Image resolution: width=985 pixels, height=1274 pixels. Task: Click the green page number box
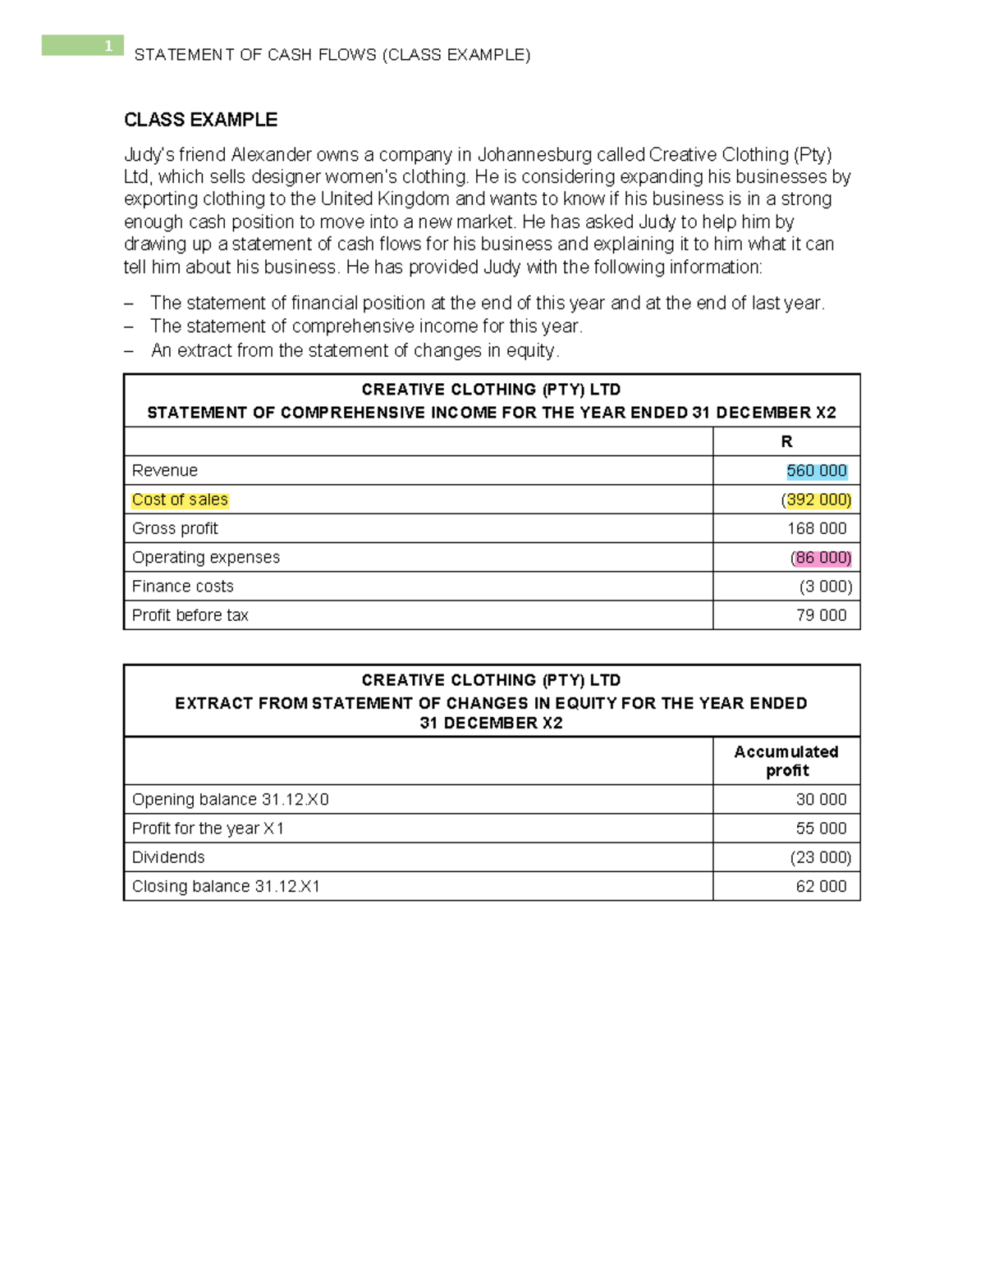(x=82, y=45)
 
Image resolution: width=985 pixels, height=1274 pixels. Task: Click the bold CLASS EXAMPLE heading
(x=200, y=120)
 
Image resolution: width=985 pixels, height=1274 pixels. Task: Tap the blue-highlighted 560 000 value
(x=817, y=471)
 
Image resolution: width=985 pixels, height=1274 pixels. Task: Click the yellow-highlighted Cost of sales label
(x=180, y=500)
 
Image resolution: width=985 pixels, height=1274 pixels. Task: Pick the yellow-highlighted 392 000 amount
(x=818, y=500)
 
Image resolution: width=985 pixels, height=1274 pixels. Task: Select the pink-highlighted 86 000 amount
(x=822, y=558)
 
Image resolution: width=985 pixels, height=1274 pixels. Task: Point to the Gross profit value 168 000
(x=817, y=528)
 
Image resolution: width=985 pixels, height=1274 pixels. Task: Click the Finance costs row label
(x=182, y=587)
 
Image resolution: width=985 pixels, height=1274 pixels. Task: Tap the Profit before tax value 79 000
(x=821, y=615)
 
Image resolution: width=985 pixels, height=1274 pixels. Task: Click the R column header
(x=786, y=442)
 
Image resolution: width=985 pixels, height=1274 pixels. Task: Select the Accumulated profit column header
(x=786, y=761)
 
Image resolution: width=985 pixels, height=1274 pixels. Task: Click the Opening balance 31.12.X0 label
(x=230, y=800)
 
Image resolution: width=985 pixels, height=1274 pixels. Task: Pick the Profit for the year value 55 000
(x=821, y=829)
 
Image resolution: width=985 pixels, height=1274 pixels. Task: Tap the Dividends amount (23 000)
(x=821, y=857)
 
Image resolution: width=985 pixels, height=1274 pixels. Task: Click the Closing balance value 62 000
(x=821, y=887)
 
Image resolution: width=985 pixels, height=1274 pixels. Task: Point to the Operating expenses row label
(x=205, y=558)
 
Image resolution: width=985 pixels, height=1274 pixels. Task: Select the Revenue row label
(x=164, y=471)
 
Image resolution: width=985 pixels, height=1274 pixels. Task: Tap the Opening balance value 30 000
(x=821, y=800)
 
